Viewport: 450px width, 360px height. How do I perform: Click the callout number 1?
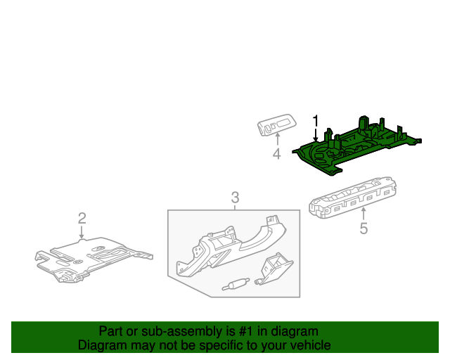coord(316,120)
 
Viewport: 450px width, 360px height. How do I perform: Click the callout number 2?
coord(82,218)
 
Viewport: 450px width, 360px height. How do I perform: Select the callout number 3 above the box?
coord(236,198)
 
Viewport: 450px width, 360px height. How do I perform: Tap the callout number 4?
coord(276,154)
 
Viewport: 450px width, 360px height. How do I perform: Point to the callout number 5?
coord(364,229)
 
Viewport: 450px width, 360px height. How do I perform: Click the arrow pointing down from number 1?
coord(316,134)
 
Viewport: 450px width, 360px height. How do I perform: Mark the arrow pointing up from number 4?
coord(276,140)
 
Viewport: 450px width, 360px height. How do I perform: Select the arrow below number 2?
coord(82,232)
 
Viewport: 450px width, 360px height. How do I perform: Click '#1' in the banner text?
coord(240,331)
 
